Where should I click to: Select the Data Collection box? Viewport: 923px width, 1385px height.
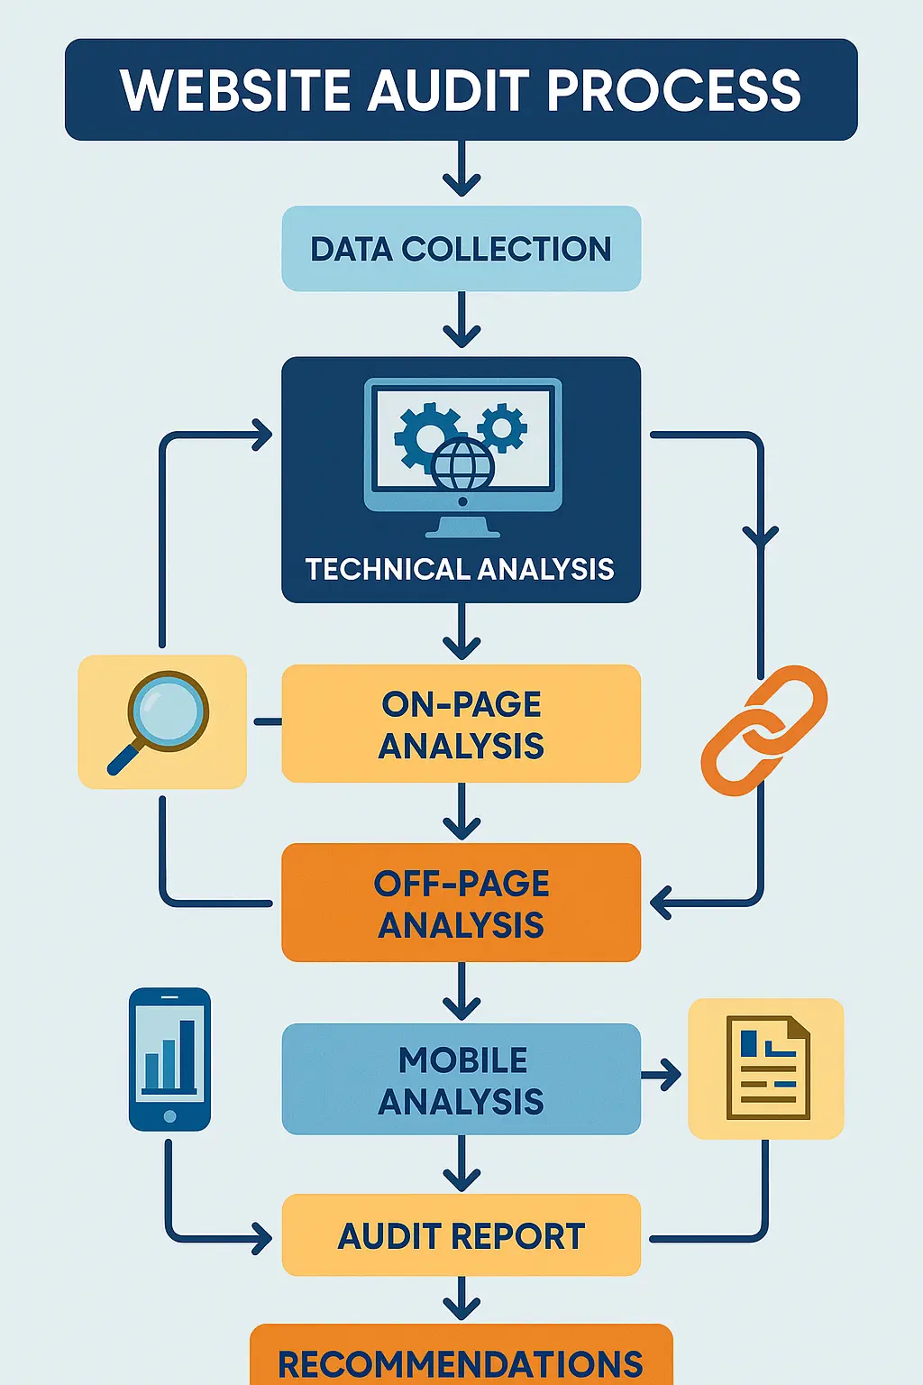pyautogui.click(x=461, y=249)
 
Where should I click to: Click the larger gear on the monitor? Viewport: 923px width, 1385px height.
pyautogui.click(x=426, y=436)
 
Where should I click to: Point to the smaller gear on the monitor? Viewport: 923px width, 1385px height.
pyautogui.click(x=502, y=427)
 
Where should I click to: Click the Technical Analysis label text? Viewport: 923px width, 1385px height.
pyautogui.click(x=460, y=569)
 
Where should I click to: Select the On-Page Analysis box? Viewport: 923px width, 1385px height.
pyautogui.click(x=461, y=724)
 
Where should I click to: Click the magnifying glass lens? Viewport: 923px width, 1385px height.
pyautogui.click(x=169, y=711)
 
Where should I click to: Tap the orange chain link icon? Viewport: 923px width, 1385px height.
pyautogui.click(x=764, y=730)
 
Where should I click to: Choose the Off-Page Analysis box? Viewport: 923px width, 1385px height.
pyautogui.click(x=461, y=903)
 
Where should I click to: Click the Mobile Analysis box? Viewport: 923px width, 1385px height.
pyautogui.click(x=461, y=1079)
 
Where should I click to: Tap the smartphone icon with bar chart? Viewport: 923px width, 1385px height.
pyautogui.click(x=169, y=1059)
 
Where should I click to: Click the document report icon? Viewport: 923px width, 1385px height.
pyautogui.click(x=767, y=1068)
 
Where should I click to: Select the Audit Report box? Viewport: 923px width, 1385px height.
pyautogui.click(x=461, y=1235)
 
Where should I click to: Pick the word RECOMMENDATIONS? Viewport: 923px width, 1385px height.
pyautogui.click(x=461, y=1364)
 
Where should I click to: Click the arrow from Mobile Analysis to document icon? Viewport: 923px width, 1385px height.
pyautogui.click(x=663, y=1074)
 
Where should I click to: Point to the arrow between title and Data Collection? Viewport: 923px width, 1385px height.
pyautogui.click(x=461, y=171)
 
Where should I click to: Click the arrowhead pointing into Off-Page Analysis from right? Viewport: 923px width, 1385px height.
pyautogui.click(x=661, y=902)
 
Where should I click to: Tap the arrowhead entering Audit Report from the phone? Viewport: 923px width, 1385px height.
pyautogui.click(x=262, y=1238)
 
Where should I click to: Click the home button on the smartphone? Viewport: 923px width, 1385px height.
pyautogui.click(x=169, y=1116)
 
